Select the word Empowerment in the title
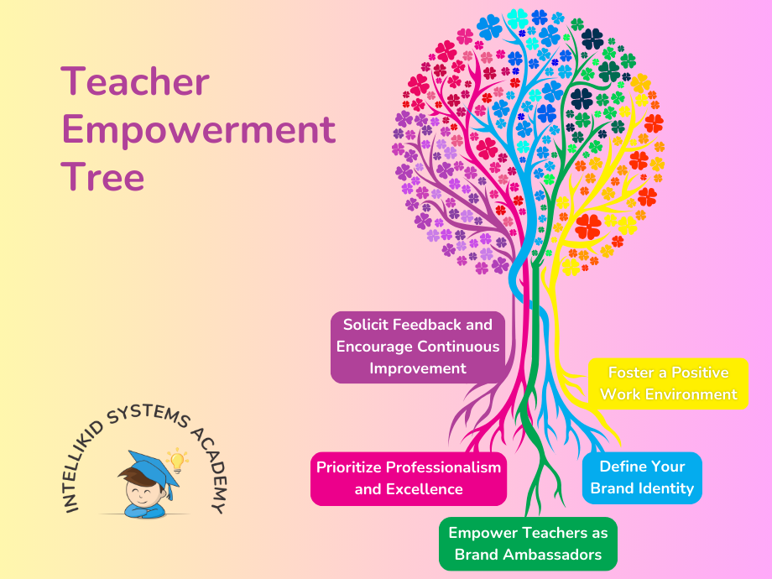click(199, 131)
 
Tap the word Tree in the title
click(102, 178)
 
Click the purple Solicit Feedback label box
click(418, 346)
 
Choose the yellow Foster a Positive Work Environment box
click(668, 383)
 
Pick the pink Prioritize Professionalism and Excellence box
click(408, 478)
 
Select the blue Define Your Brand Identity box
click(642, 477)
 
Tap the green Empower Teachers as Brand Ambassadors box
click(528, 543)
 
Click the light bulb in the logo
click(177, 459)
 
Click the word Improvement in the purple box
click(418, 368)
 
